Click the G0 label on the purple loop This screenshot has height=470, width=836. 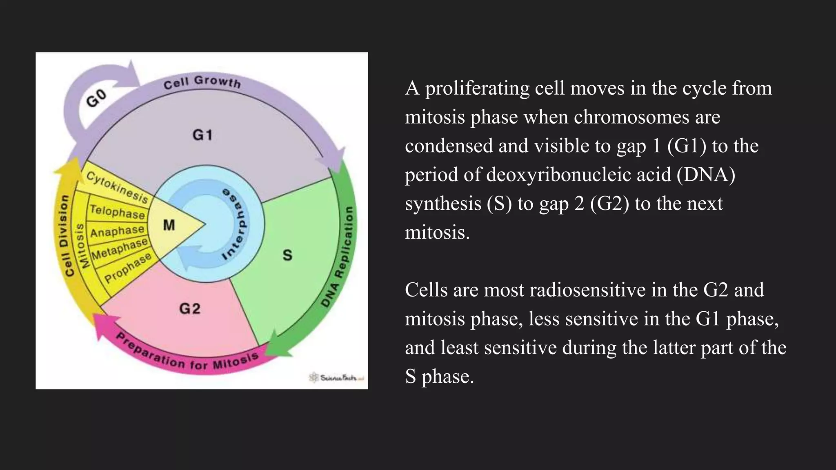click(x=97, y=98)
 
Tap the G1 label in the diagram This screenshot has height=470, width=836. click(x=202, y=135)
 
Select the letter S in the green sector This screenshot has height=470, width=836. click(x=287, y=255)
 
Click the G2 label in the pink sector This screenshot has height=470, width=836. click(x=190, y=308)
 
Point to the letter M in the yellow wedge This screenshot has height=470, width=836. click(x=169, y=225)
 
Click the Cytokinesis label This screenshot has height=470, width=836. click(x=117, y=187)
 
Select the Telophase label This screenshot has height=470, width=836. click(x=118, y=212)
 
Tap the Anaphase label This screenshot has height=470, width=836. click(x=118, y=231)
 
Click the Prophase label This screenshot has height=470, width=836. click(x=128, y=268)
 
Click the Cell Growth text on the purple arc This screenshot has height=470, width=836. click(x=202, y=82)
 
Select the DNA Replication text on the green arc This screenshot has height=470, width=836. click(x=339, y=257)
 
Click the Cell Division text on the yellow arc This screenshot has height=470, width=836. click(x=64, y=235)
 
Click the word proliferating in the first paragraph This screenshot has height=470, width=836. click(x=477, y=89)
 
